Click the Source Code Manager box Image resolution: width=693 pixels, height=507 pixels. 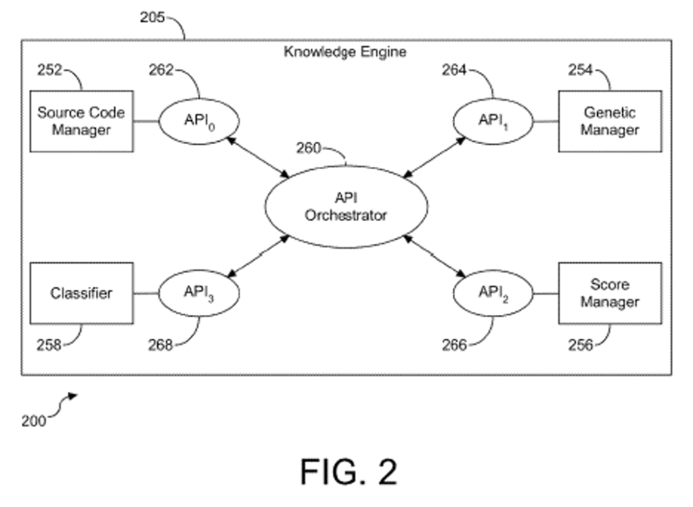point(81,121)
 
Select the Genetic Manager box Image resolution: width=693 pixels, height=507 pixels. point(609,121)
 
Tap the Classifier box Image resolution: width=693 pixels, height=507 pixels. point(81,293)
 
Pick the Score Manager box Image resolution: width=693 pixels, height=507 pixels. point(609,293)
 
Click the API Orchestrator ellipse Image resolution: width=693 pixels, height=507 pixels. point(345,206)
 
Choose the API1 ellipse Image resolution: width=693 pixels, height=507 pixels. point(492,121)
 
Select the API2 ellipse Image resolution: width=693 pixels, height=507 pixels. point(492,293)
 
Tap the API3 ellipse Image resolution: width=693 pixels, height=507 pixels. point(199,293)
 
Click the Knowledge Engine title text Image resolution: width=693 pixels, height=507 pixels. point(345,52)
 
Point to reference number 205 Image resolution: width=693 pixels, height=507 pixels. point(152,18)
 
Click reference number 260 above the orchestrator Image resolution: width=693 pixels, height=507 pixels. point(309,148)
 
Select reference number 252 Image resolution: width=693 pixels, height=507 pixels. point(49,70)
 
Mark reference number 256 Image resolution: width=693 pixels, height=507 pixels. point(581,345)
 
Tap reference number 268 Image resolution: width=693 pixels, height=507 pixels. point(160,345)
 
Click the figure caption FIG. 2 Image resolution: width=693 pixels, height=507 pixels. point(349,471)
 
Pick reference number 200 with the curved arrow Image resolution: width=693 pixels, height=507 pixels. point(34,420)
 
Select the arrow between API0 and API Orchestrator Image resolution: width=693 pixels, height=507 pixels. point(259,158)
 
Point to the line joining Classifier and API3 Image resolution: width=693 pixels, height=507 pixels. point(146,293)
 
